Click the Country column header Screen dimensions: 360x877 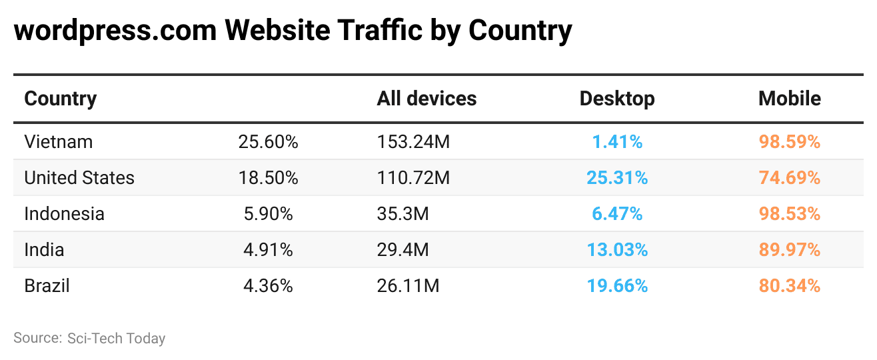[61, 99]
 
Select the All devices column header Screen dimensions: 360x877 [427, 99]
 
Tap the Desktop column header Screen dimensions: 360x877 [617, 99]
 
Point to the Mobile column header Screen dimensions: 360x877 [790, 99]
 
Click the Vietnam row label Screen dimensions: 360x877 [59, 142]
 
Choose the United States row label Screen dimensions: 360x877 [79, 178]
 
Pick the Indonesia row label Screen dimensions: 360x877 [64, 214]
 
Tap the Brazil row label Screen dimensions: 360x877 [47, 286]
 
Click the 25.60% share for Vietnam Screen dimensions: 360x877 [268, 142]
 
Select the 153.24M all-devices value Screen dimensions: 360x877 [413, 142]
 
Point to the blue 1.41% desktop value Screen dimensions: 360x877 [617, 142]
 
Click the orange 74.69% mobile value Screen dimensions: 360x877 [790, 178]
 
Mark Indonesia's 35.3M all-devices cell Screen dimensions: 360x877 [403, 214]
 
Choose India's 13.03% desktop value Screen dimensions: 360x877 [617, 250]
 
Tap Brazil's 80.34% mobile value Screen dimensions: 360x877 [790, 286]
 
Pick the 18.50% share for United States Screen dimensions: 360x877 [268, 178]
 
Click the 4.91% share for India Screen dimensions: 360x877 [268, 250]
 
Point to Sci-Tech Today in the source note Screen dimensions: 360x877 [116, 338]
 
